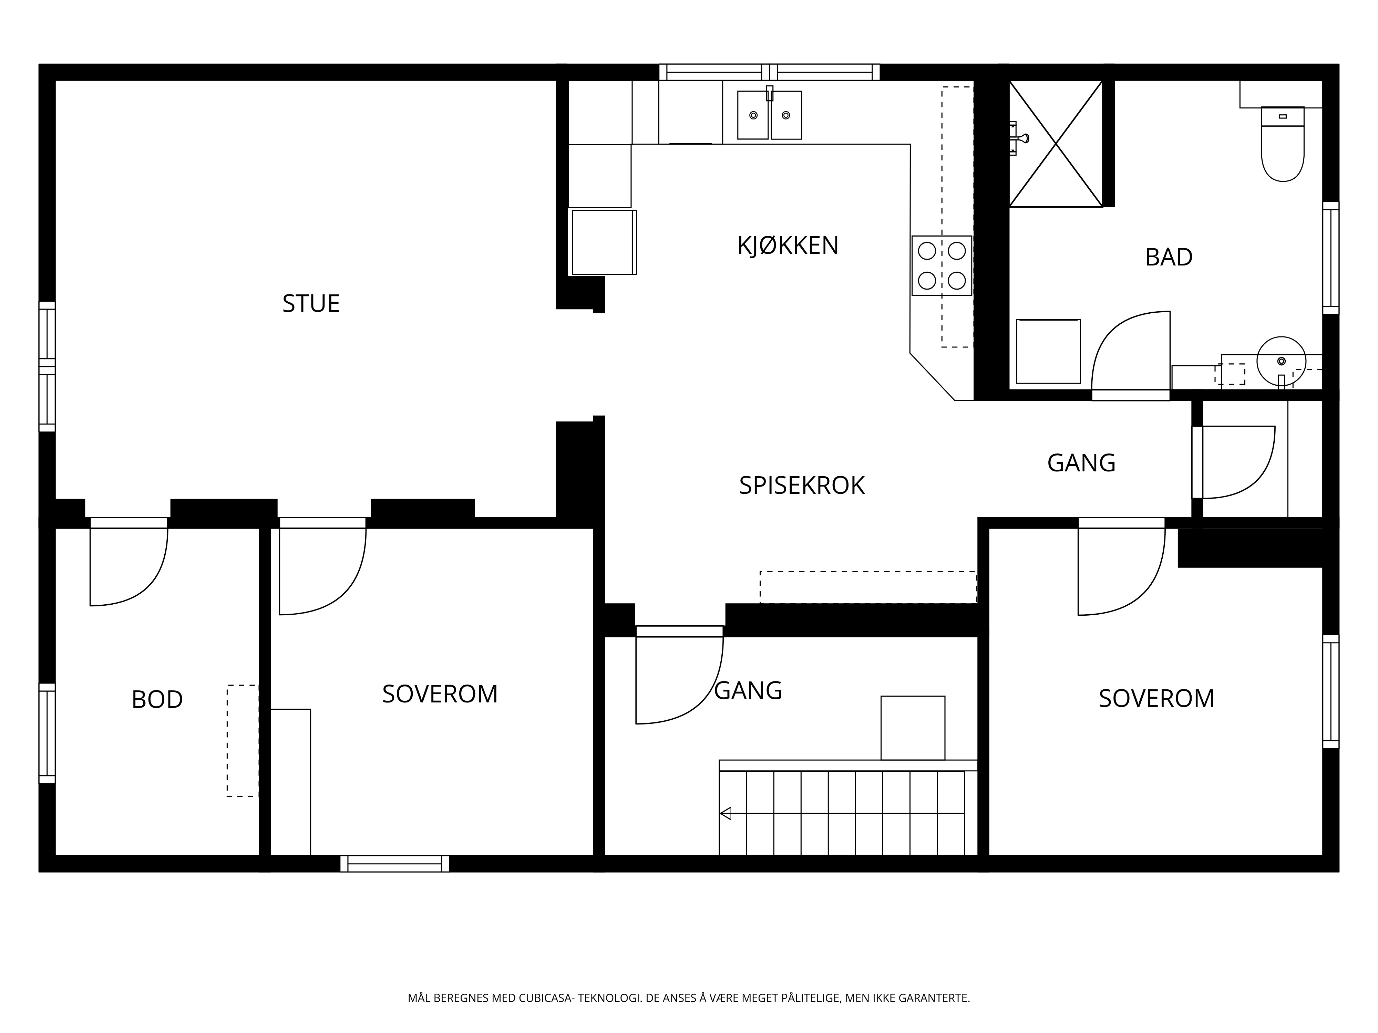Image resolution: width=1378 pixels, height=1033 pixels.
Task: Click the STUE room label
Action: [x=311, y=304]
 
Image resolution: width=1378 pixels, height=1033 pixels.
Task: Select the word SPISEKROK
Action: [x=802, y=486]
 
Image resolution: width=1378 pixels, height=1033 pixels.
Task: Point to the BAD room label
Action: [x=1169, y=257]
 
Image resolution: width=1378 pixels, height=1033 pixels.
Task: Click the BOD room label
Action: [x=157, y=700]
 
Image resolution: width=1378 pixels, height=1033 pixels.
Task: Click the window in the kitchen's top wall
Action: [x=769, y=72]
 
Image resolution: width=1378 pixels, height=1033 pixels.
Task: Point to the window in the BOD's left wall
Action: [x=47, y=733]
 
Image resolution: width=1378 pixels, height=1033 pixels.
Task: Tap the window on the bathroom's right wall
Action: [x=1331, y=258]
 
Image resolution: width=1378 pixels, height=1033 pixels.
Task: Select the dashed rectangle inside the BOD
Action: [x=242, y=741]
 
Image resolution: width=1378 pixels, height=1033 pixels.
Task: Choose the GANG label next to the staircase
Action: [x=748, y=690]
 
